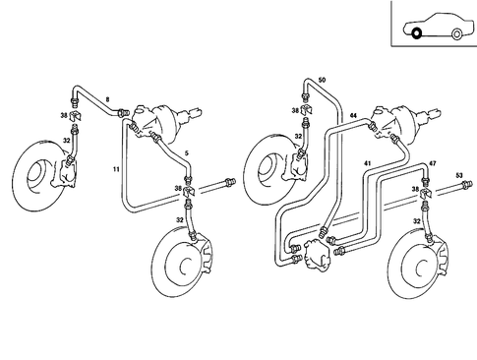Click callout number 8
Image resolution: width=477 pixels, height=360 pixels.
click(108, 100)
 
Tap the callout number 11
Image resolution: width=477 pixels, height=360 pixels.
click(116, 171)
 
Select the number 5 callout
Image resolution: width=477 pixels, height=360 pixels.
click(187, 153)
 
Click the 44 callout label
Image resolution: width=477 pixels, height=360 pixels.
click(352, 116)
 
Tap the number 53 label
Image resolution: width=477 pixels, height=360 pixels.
click(458, 175)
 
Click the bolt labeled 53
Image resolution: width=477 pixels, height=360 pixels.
click(448, 186)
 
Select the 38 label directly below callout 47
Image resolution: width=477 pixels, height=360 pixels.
click(416, 189)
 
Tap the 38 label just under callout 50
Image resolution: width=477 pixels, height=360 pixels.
click(296, 112)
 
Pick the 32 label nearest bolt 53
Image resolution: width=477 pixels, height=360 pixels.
click(417, 221)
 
